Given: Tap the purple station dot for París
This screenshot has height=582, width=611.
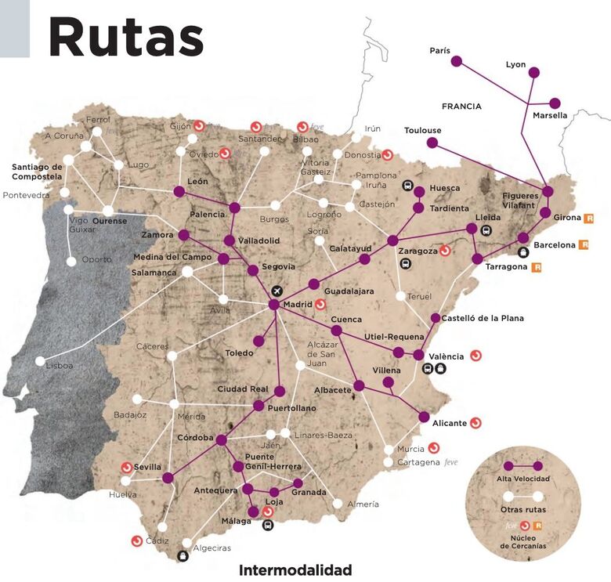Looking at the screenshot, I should tap(457, 60).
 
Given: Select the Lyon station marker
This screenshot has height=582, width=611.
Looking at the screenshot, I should tap(534, 72).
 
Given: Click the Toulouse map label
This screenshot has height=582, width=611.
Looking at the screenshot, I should tap(422, 130).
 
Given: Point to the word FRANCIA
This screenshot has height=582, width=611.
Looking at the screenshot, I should tap(461, 107).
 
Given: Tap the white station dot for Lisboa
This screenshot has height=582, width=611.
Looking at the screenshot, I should tap(40, 361).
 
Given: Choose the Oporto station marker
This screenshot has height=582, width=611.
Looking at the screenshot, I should tap(72, 261).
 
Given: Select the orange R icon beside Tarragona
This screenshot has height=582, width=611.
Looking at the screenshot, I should tap(537, 267).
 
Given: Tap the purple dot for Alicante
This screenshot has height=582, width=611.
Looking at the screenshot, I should tap(424, 417).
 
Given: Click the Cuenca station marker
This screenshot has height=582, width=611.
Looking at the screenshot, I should tap(336, 331).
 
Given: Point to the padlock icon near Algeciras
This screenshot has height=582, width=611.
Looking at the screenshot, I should tap(183, 556).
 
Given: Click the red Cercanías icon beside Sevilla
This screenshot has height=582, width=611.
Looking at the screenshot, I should tap(126, 467).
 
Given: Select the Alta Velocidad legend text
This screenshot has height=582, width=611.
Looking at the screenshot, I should tap(523, 478).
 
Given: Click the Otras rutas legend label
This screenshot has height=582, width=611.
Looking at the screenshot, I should tap(523, 510).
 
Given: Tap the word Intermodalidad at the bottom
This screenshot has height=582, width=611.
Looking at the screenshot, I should tap(295, 570).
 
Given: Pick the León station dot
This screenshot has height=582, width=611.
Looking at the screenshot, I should tap(179, 191).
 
